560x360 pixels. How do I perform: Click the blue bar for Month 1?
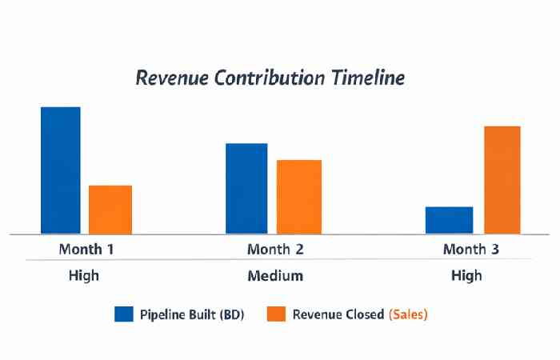click(x=61, y=170)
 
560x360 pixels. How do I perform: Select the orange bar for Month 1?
click(x=110, y=210)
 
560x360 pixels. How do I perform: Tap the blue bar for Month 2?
click(x=246, y=189)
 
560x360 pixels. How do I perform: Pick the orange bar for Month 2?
click(x=299, y=197)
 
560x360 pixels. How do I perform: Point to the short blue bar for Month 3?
click(x=449, y=220)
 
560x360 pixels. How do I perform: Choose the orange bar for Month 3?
click(x=498, y=180)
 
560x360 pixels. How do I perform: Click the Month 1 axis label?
click(x=86, y=249)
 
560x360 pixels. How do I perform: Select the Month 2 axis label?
click(x=275, y=249)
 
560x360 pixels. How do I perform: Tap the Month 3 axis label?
click(x=470, y=249)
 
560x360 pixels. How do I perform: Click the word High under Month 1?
click(x=84, y=276)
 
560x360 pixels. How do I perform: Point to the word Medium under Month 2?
click(x=274, y=276)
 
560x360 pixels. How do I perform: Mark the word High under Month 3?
click(x=466, y=276)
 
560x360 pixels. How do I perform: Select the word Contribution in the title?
click(x=274, y=78)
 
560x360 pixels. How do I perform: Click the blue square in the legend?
click(x=123, y=314)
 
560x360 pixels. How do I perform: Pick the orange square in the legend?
click(x=276, y=314)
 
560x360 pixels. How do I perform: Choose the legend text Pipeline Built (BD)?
click(x=192, y=314)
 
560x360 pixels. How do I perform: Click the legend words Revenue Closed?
click(x=338, y=314)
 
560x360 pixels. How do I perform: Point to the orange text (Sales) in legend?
click(x=408, y=314)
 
